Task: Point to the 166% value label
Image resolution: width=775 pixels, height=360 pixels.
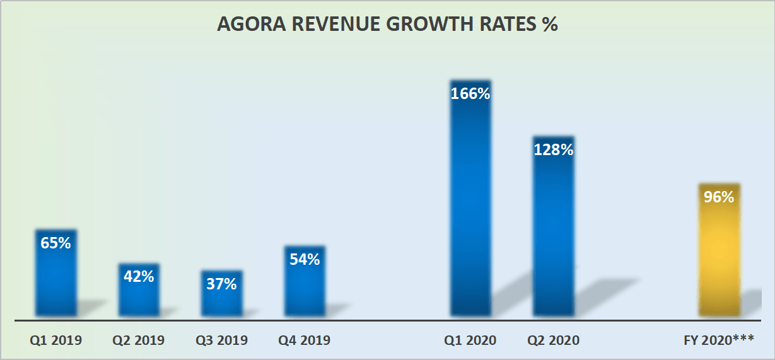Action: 470,94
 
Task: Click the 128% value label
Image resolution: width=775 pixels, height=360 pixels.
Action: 554,150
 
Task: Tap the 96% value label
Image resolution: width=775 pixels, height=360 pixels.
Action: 719,197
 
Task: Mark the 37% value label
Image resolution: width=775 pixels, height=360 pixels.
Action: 221,284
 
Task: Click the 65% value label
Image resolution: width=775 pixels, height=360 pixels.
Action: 56,243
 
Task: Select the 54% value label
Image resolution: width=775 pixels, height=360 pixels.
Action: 305,259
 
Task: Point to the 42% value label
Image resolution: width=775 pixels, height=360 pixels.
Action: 139,276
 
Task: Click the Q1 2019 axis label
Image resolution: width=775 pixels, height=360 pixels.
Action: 56,340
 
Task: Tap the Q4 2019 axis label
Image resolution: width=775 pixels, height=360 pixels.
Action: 305,340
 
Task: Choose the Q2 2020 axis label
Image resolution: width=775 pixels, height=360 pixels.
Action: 554,340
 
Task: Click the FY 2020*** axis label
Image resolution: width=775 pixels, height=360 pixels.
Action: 719,340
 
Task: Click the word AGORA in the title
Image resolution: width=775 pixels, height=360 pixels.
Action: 248,24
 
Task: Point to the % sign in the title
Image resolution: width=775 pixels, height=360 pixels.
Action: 550,24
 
